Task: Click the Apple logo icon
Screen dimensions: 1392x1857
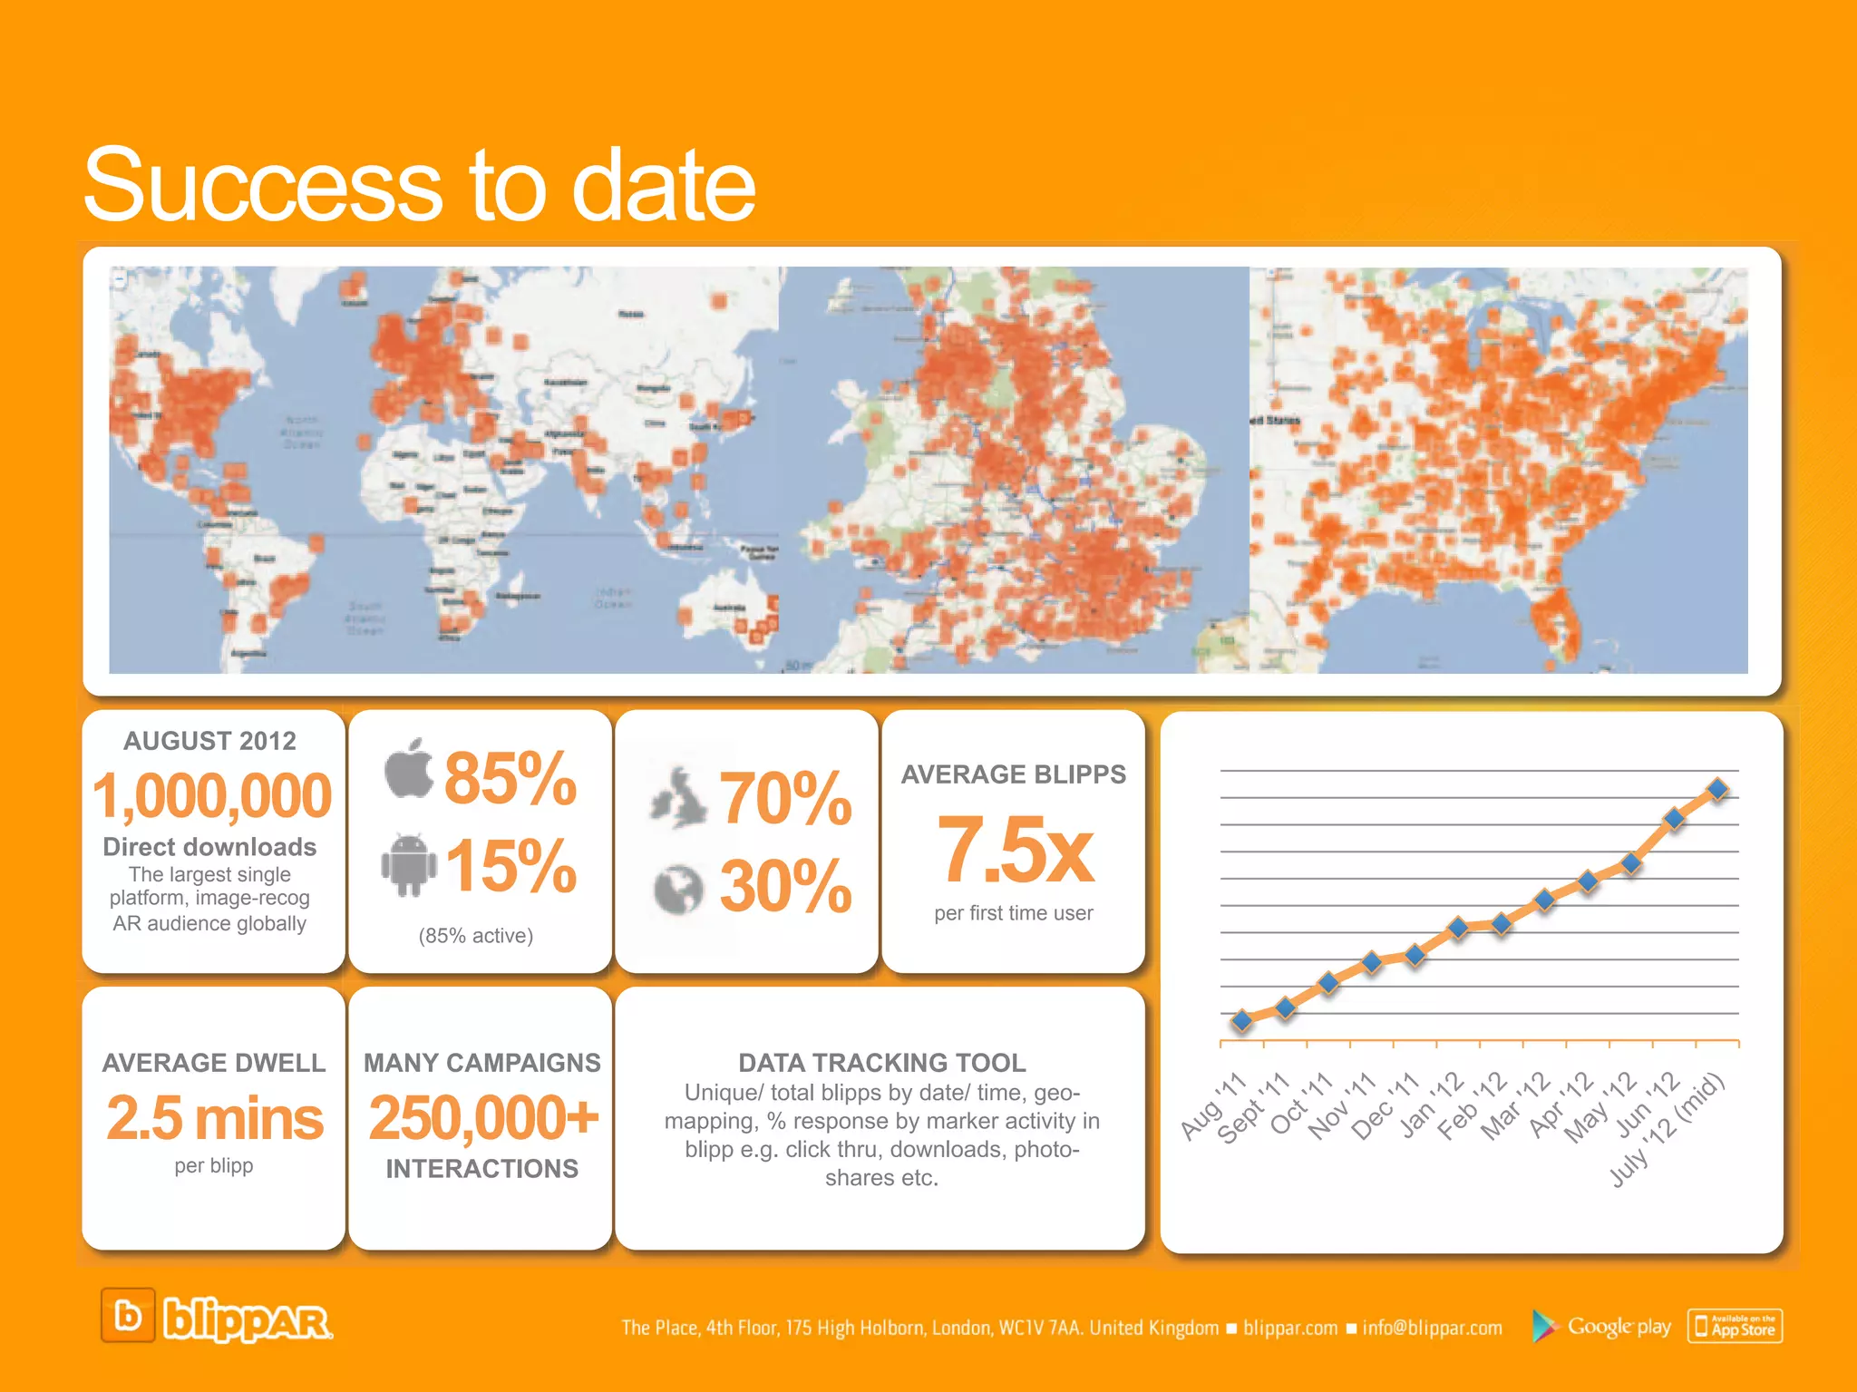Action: [409, 769]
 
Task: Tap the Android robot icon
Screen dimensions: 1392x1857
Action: [408, 865]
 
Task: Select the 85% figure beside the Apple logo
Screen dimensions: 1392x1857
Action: [510, 778]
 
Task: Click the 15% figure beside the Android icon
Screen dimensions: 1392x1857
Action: [511, 866]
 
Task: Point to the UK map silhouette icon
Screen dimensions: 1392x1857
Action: [678, 798]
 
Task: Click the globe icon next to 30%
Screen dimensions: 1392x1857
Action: [678, 888]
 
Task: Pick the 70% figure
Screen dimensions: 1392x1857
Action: [786, 798]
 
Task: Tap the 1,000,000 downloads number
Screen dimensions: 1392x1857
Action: [212, 796]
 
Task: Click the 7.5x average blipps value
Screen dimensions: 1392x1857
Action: [1015, 850]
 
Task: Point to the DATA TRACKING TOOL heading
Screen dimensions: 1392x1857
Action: [881, 1062]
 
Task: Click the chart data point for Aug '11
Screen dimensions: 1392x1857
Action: [1242, 1021]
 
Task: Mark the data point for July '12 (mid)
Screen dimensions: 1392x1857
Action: [1717, 789]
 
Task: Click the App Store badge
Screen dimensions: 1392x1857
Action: [1735, 1326]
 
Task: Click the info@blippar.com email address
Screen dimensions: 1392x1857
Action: [1432, 1328]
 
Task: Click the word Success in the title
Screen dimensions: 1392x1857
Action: [264, 185]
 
